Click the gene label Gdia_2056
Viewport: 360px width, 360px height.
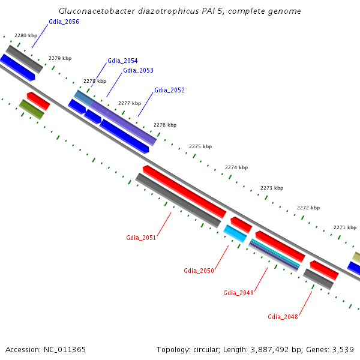click(x=64, y=22)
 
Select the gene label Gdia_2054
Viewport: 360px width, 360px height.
click(x=122, y=61)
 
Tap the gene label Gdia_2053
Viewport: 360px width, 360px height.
click(x=138, y=71)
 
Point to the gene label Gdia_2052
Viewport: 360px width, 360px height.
click(x=169, y=91)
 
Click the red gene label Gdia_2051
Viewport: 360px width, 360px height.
click(x=141, y=238)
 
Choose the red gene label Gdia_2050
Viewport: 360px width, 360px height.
click(x=199, y=271)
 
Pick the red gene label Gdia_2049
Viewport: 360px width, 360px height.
click(x=238, y=293)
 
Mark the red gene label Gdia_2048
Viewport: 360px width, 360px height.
click(x=283, y=317)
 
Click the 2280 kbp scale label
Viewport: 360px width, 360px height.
click(x=26, y=36)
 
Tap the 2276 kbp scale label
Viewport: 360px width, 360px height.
click(x=165, y=125)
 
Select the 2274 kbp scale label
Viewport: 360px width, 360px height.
click(x=236, y=168)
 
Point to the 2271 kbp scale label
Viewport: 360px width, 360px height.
click(x=345, y=228)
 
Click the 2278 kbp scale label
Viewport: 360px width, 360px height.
click(x=95, y=82)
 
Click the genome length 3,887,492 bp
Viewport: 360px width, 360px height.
click(x=270, y=349)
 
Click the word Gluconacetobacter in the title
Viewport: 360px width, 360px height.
click(x=98, y=11)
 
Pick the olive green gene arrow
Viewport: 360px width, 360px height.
click(x=32, y=109)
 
